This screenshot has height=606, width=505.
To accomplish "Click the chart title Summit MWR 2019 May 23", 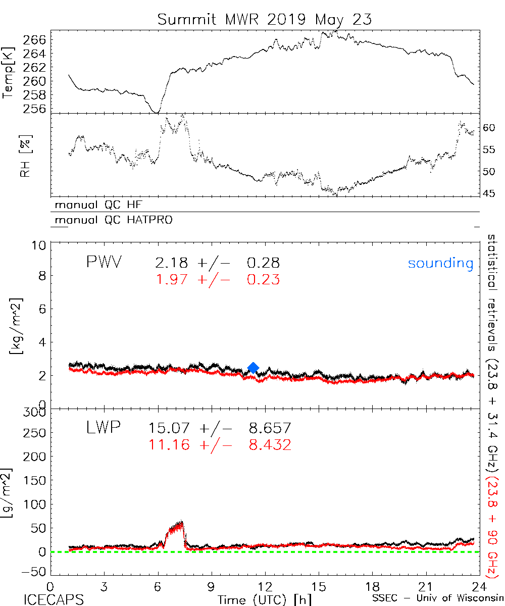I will (x=265, y=19).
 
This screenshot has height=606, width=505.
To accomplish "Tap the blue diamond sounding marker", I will (x=254, y=368).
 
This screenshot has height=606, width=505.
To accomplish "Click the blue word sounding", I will (x=440, y=263).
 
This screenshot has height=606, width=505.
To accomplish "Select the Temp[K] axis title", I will (x=9, y=73).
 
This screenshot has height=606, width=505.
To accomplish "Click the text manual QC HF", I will (x=102, y=205).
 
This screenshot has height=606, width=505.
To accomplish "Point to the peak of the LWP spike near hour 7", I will (x=180, y=522).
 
